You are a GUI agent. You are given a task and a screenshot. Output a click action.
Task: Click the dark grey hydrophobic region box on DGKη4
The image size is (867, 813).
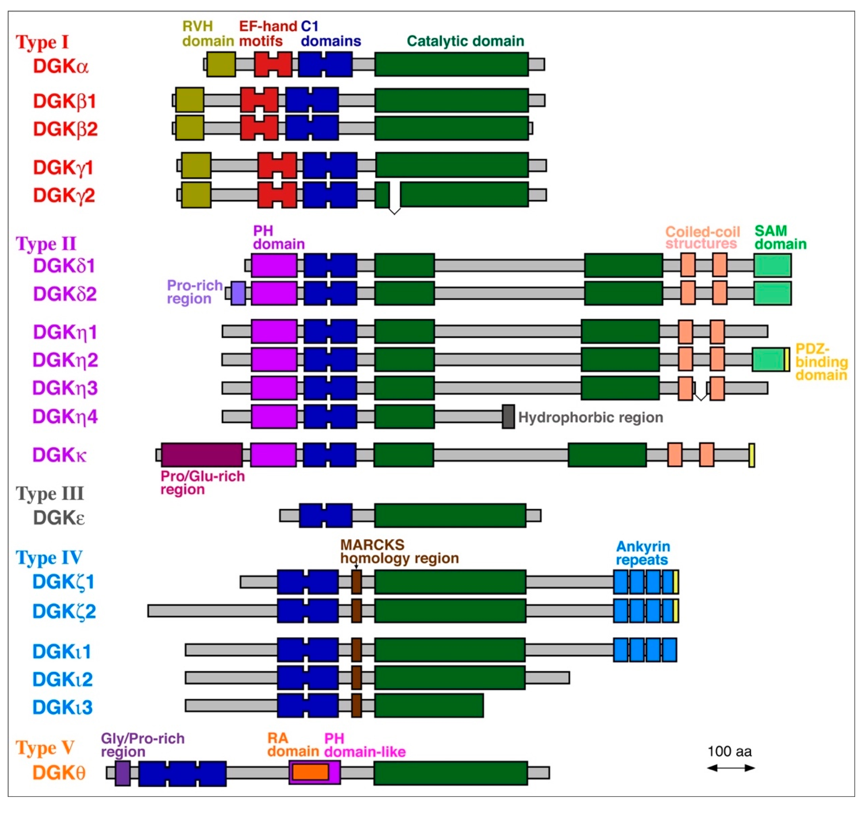coord(508,417)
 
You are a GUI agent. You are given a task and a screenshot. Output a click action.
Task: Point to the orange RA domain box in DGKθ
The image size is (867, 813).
coord(310,772)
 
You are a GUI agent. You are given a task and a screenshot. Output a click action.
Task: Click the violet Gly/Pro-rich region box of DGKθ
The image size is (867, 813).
coord(123,773)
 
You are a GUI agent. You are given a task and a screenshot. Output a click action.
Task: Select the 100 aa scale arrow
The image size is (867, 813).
coord(731,768)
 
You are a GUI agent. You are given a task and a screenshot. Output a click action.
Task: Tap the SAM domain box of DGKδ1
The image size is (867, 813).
coord(772,266)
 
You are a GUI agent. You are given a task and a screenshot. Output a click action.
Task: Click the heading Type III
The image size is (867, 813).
coord(50,494)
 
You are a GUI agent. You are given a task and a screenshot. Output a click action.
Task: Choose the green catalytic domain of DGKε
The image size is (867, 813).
coord(450,515)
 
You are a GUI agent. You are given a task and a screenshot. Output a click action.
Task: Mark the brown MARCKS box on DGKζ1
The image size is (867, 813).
coord(356,582)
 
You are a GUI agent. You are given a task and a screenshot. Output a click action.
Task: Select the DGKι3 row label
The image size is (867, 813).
coord(62,707)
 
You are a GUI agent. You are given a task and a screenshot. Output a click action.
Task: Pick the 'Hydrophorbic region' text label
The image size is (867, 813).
coord(590,417)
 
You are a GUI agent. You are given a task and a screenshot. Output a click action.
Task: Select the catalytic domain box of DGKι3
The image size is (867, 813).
coord(429,705)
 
